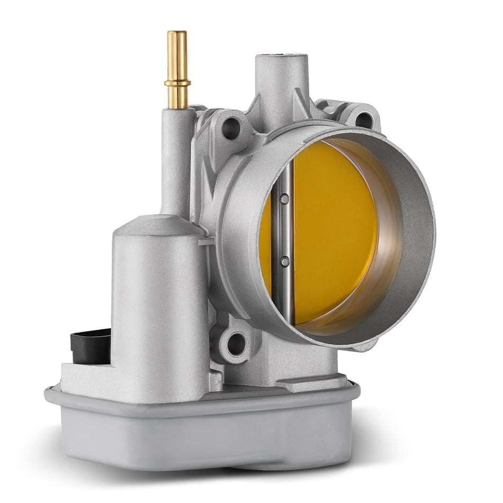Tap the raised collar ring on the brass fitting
click(177, 83)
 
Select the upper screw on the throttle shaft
click(285, 199)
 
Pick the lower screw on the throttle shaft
click(285, 261)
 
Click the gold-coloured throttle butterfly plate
click(334, 233)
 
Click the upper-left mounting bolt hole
click(231, 128)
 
